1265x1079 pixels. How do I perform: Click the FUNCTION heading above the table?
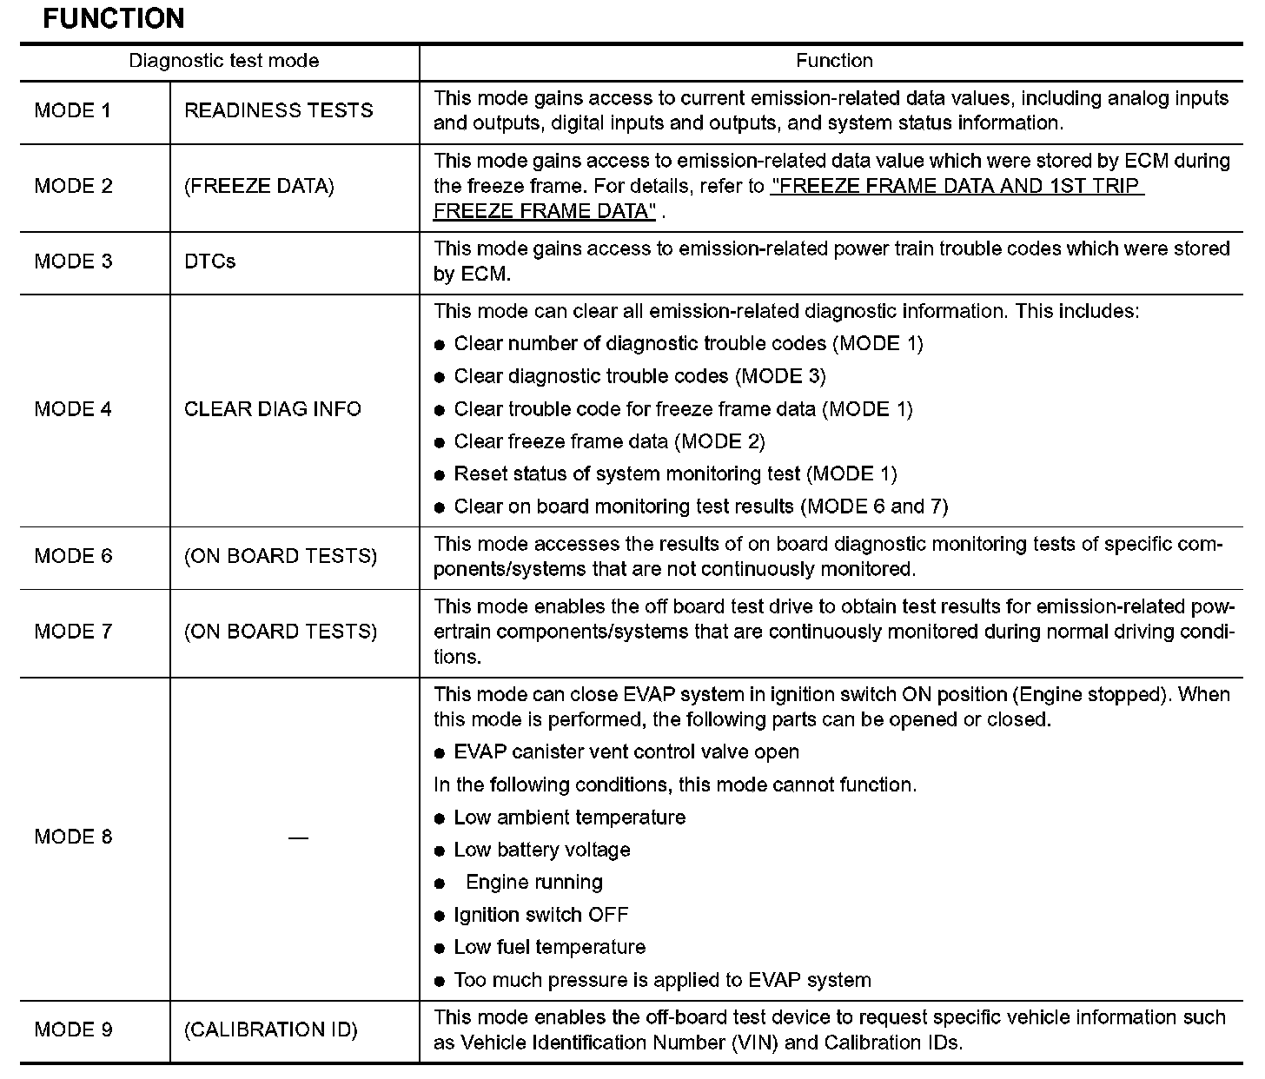coord(114,18)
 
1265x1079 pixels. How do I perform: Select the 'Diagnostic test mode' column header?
coord(223,61)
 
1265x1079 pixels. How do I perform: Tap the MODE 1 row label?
coord(73,110)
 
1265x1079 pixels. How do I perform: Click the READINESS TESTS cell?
coord(279,110)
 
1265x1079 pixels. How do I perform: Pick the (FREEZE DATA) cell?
coord(259,186)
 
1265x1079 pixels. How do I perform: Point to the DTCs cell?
coord(210,261)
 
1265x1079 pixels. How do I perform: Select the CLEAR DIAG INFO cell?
coord(273,408)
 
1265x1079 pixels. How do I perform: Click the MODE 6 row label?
coord(73,556)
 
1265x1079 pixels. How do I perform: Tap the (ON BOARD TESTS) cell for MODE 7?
coord(281,632)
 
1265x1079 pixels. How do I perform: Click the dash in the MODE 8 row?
coord(298,837)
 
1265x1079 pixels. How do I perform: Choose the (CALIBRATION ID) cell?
coord(271,1029)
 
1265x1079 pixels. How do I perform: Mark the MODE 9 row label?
coord(73,1029)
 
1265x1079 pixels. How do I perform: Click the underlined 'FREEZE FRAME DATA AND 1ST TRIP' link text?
coord(957,186)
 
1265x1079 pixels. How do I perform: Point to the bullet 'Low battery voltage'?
coord(542,850)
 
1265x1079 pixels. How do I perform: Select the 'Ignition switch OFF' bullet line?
coord(540,915)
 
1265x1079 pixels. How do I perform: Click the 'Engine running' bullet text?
coord(534,882)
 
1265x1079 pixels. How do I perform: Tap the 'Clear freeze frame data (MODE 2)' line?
coord(609,441)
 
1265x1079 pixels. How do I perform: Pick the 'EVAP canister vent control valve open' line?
coord(626,751)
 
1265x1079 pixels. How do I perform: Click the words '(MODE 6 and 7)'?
coord(873,506)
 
